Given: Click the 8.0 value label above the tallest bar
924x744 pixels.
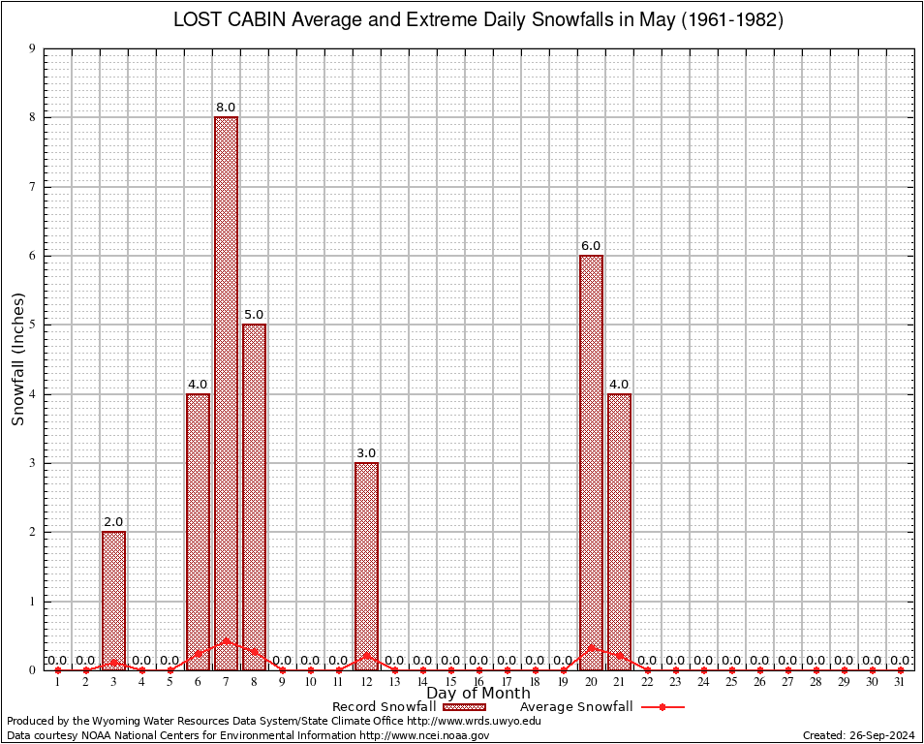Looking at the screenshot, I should coord(226,108).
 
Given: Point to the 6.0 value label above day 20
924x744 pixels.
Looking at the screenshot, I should coord(591,246).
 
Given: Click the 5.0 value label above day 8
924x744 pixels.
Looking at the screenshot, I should coord(254,315).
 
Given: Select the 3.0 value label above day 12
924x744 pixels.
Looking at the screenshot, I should coord(366,453).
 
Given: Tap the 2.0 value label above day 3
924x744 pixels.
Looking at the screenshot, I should coord(113,522).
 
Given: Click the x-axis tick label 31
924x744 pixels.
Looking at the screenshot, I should coord(900,683).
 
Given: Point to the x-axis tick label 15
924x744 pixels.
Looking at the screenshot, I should coord(450,683).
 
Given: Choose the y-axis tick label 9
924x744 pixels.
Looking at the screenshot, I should coord(32,48).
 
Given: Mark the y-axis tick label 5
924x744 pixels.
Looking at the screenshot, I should coord(32,325).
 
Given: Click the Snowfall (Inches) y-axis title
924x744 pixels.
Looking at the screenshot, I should coord(17,358).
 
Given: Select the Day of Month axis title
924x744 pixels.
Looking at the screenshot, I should coord(478,694).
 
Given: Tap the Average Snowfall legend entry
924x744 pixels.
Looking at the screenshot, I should coord(575,707).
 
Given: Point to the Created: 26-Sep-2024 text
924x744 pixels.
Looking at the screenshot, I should coord(858,735).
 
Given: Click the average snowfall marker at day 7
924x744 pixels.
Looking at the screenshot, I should coord(226,640).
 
